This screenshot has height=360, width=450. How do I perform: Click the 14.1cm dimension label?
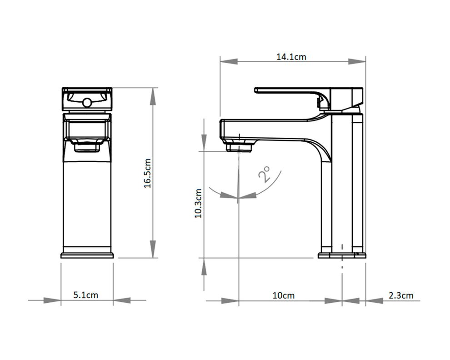click(291, 56)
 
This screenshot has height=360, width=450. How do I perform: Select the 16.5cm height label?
click(147, 173)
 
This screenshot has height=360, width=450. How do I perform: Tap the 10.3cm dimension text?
click(198, 203)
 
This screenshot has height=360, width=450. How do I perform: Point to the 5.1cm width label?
click(86, 295)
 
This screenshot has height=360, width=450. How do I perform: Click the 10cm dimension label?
click(284, 295)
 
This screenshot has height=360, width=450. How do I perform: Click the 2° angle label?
click(264, 175)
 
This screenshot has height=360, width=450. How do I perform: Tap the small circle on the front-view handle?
click(87, 102)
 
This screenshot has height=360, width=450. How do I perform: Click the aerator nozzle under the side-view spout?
click(239, 147)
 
